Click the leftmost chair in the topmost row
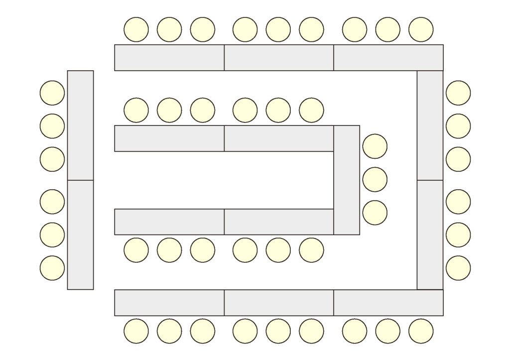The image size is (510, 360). click(136, 29)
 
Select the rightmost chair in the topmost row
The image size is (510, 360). click(421, 29)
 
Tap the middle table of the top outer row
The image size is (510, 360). click(279, 58)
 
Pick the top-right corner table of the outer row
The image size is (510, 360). click(388, 58)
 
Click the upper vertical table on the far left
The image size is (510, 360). click(80, 125)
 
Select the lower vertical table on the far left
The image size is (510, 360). click(80, 235)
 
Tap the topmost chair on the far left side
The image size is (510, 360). click(52, 93)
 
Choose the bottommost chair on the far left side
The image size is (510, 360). click(52, 268)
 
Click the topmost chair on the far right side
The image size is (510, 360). click(458, 93)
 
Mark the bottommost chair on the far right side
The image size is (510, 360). click(458, 268)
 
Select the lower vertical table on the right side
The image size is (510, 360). click(430, 235)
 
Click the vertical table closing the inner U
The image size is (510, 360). click(347, 180)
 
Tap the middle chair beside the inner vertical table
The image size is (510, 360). click(375, 179)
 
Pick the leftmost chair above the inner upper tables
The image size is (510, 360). click(136, 110)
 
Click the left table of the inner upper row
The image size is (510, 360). click(169, 138)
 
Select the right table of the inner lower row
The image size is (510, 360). click(279, 222)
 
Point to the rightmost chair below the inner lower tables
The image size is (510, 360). click(311, 250)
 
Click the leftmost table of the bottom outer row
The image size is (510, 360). click(169, 303)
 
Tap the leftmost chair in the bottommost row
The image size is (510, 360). click(136, 331)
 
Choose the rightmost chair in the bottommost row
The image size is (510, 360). click(421, 331)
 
